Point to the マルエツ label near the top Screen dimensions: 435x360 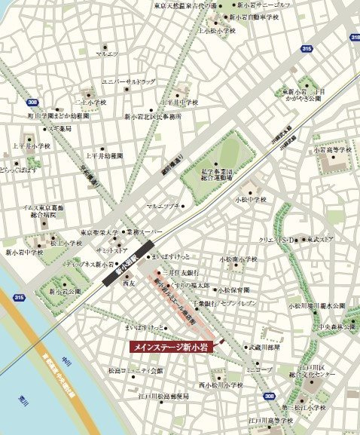106,54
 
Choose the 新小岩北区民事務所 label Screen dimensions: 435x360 154,116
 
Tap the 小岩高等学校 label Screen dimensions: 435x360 333,150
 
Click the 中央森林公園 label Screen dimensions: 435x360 335,327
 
